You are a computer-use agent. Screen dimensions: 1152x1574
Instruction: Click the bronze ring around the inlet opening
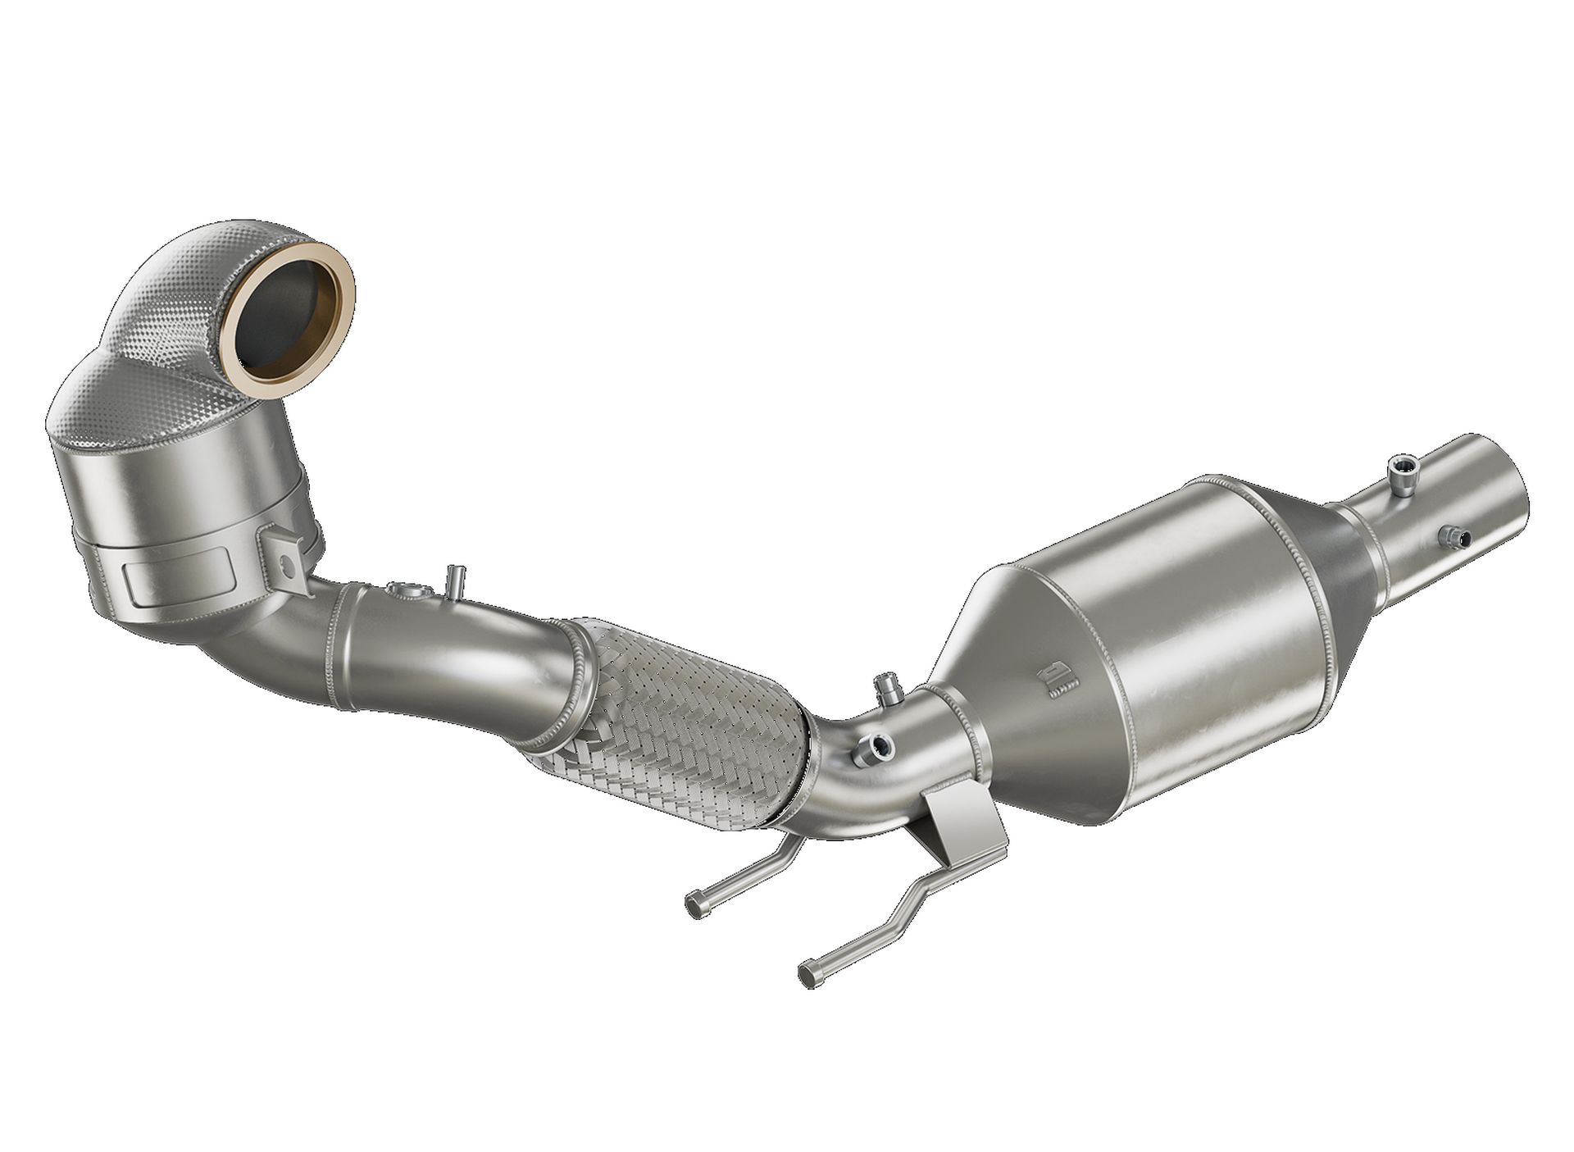tap(343, 320)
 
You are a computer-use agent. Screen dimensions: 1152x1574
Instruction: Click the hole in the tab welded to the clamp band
tap(285, 563)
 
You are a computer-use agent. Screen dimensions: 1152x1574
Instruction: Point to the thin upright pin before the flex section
tap(452, 581)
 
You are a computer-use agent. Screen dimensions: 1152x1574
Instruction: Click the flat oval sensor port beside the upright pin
tap(404, 590)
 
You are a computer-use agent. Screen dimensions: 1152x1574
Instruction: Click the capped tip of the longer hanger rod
tap(807, 973)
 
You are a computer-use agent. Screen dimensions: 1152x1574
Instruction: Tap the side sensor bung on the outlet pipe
tap(1453, 537)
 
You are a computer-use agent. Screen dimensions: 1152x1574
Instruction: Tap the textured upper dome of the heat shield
tap(197, 271)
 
